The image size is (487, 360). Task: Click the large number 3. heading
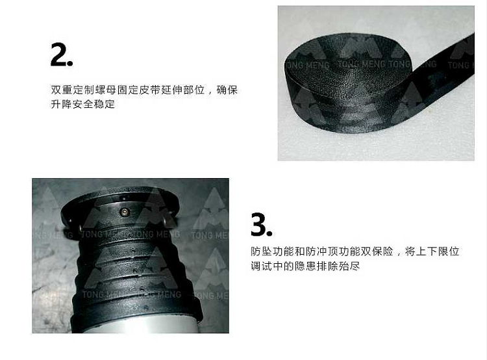coord(262,224)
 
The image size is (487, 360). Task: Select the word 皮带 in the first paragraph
coord(150,90)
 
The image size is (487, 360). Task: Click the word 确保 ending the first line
coord(227,90)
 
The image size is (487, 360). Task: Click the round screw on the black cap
coord(125,212)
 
